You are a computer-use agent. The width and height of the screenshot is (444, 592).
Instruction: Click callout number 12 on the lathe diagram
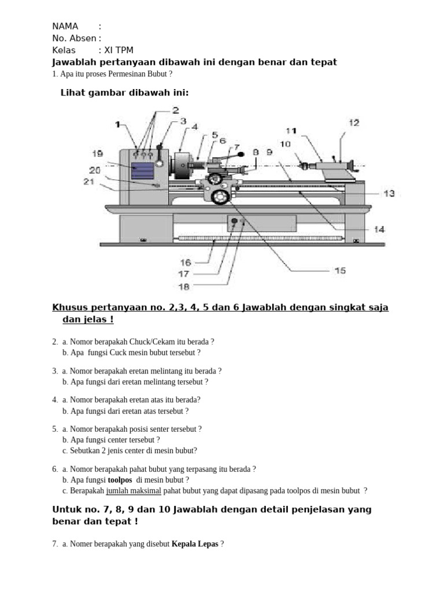pos(354,123)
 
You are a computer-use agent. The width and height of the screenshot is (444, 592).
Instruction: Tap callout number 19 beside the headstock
pos(97,153)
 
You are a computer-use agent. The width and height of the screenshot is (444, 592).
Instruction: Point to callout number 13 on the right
pos(389,194)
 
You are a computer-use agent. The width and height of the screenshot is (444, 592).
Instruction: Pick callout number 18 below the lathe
pos(184,286)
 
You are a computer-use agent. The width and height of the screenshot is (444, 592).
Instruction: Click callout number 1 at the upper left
pos(117,124)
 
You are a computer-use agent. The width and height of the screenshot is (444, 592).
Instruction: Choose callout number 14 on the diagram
pos(379,230)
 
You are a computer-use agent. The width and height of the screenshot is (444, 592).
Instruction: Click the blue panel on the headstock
pos(142,171)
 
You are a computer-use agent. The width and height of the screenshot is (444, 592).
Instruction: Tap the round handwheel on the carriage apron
pos(220,197)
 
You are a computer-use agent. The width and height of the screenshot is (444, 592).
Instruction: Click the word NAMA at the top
pos(65,26)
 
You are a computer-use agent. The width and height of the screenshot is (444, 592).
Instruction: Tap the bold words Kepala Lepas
pos(195,544)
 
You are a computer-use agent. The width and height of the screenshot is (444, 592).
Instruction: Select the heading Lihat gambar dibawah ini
pos(125,93)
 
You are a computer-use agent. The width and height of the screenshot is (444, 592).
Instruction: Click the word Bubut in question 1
pos(158,74)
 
